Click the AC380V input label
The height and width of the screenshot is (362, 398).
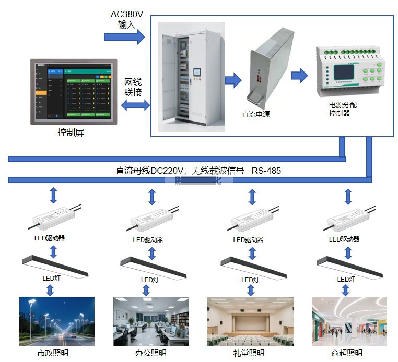(127, 19)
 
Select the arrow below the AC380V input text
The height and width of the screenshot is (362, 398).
(124, 37)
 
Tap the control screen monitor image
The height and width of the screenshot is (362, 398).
(73, 92)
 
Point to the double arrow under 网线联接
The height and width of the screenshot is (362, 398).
(135, 106)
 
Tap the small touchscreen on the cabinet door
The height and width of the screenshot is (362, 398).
(197, 73)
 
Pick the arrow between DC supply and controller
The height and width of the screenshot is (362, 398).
(299, 75)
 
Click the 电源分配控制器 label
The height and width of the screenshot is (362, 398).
(340, 109)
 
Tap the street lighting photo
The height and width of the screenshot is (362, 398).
(57, 322)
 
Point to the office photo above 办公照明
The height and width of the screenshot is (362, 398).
(151, 322)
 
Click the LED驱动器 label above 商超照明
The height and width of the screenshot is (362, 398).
(344, 239)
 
